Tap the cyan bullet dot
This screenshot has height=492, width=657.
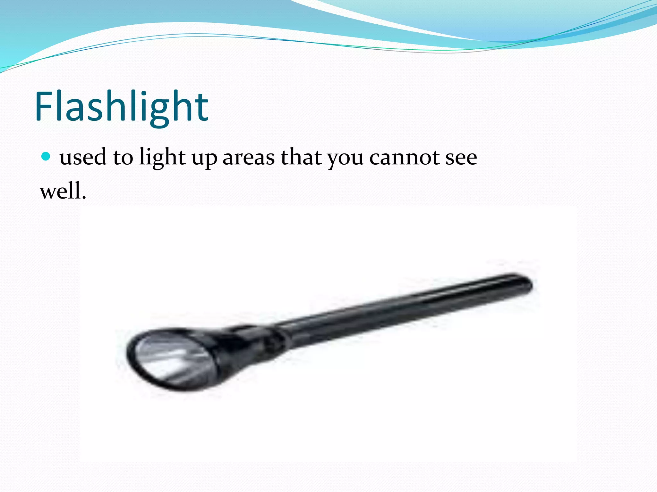pyautogui.click(x=46, y=156)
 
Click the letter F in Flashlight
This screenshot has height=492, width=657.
pyautogui.click(x=44, y=107)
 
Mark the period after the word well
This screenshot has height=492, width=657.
pyautogui.click(x=84, y=198)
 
